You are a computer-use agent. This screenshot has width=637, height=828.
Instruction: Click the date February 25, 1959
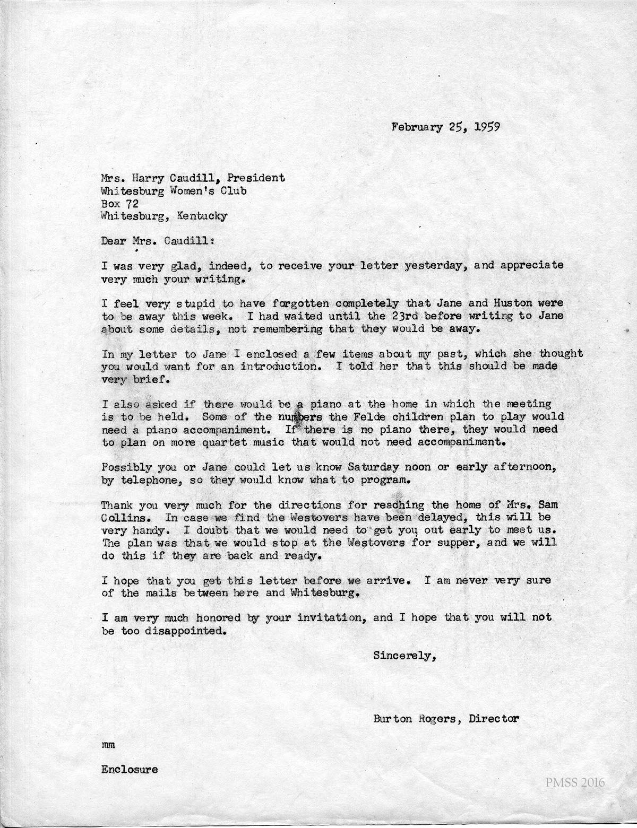(x=445, y=127)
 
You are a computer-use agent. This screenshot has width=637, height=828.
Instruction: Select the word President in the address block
(x=255, y=178)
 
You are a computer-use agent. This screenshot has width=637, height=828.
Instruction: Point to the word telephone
(x=151, y=481)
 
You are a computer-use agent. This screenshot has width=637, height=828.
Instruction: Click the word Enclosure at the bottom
(x=129, y=770)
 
